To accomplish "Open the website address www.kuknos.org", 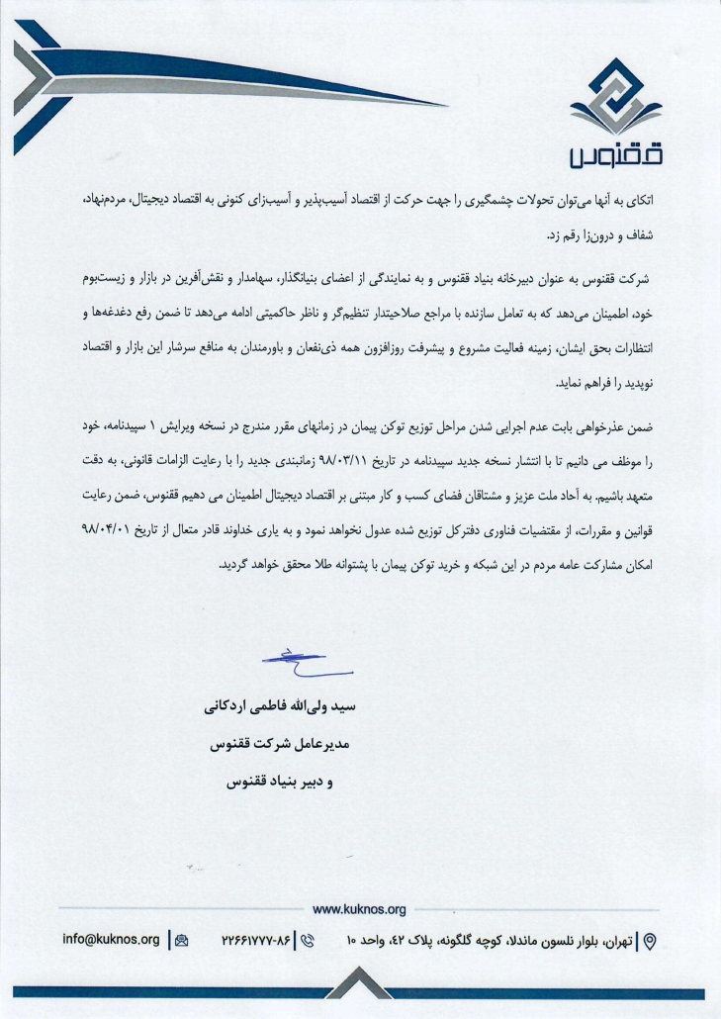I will pyautogui.click(x=359, y=908).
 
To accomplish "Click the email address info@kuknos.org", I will pyautogui.click(x=111, y=939).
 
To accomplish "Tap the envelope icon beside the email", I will pyautogui.click(x=181, y=940).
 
